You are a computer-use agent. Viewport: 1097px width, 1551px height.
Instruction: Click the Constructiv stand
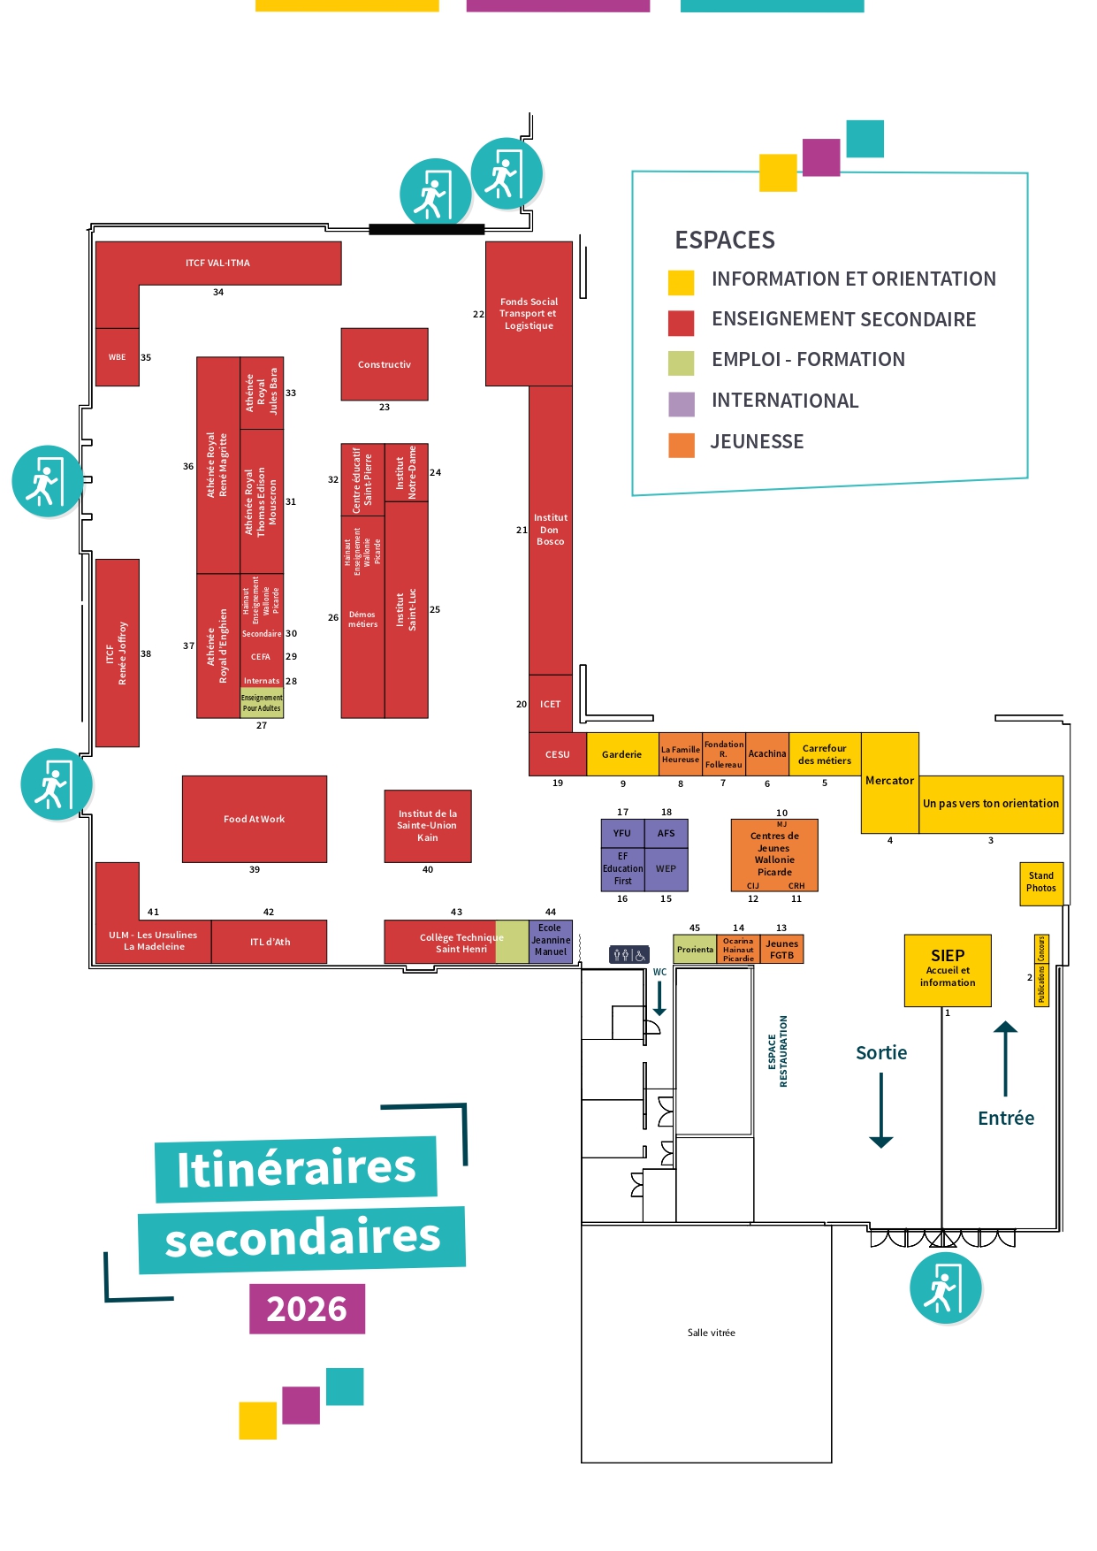(385, 364)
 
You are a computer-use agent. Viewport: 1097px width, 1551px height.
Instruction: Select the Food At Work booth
(255, 819)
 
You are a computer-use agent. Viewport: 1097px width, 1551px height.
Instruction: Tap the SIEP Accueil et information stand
(948, 970)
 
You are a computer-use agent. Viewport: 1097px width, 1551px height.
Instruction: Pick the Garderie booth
(622, 754)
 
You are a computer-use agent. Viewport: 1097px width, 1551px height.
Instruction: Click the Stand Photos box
(1041, 882)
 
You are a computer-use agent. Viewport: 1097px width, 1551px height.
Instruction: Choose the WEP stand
(666, 869)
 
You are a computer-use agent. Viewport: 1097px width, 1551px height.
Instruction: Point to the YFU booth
(622, 833)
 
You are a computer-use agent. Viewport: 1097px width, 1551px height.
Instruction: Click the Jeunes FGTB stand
(782, 949)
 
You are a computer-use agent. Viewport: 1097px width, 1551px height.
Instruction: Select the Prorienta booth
(695, 949)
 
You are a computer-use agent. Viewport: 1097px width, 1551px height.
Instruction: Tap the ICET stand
(551, 704)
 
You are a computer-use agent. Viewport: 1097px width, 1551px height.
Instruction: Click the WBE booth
(118, 357)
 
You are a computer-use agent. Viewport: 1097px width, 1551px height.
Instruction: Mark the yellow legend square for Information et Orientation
(681, 282)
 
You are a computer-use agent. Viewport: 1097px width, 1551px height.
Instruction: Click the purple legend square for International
(682, 404)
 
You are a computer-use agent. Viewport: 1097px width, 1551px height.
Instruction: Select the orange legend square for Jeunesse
(682, 445)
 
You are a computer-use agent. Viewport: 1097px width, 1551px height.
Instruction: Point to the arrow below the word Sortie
(881, 1111)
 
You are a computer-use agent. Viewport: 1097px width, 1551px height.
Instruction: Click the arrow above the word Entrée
(1006, 1058)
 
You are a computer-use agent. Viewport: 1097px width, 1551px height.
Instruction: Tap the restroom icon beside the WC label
(628, 955)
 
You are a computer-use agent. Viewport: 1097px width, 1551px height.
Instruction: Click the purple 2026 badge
(307, 1309)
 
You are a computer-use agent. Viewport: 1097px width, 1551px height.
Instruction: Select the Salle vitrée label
(712, 1333)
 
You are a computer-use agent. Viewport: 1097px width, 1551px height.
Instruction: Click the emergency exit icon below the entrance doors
(946, 1287)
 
